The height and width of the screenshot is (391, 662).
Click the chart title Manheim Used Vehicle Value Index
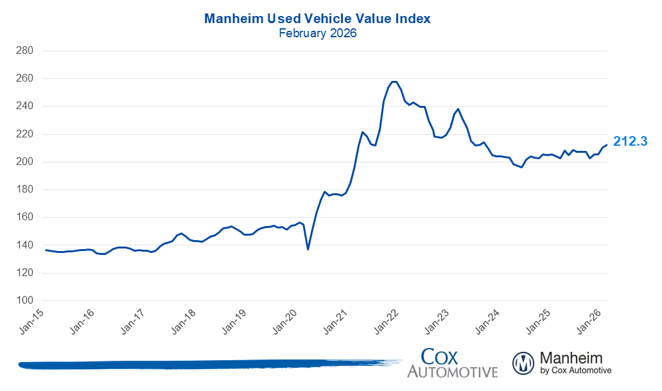click(317, 19)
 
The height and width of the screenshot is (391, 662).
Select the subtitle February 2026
click(317, 33)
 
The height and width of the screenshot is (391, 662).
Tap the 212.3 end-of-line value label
click(630, 141)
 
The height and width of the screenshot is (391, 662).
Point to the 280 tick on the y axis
click(33, 51)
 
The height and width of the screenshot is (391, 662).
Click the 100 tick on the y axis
click(33, 300)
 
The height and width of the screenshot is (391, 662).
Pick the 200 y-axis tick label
click(33, 162)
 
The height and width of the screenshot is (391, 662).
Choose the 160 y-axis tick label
click(33, 217)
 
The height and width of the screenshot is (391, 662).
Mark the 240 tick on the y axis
click(33, 106)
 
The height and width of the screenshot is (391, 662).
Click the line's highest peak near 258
click(394, 82)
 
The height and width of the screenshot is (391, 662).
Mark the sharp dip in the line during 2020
click(308, 248)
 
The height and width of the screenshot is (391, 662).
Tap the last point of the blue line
click(607, 144)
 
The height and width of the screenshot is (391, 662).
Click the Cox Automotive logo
click(452, 363)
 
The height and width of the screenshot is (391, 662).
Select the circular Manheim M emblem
click(523, 363)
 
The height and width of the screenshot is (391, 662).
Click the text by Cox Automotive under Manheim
click(576, 370)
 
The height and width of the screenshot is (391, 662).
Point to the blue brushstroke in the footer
click(205, 364)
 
